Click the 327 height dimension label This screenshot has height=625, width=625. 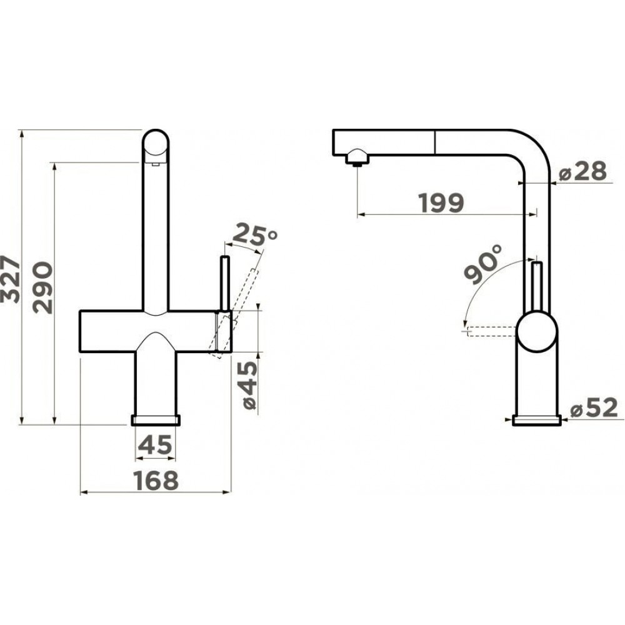9,279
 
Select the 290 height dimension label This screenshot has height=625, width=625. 43,287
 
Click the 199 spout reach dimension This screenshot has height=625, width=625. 442,202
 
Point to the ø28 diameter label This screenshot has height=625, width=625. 582,171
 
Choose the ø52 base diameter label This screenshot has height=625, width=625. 594,407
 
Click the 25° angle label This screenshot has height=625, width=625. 254,234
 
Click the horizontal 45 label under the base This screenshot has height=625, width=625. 156,444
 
